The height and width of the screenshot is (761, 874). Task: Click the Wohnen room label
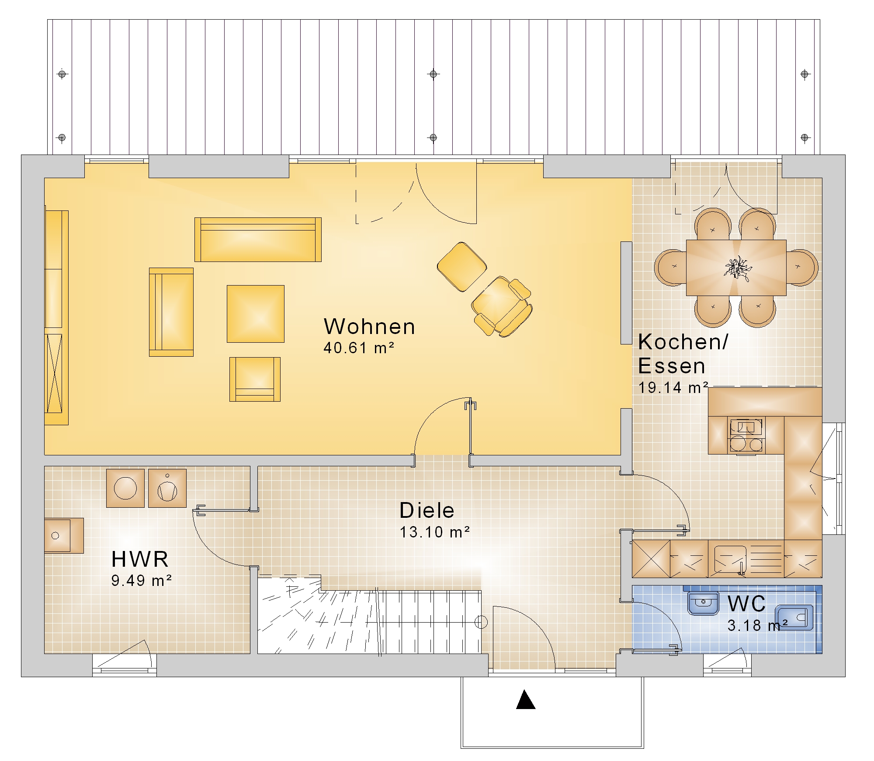click(x=369, y=327)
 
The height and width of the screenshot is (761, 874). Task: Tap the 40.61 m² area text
click(x=359, y=348)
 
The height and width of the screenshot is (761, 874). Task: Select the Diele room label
click(x=427, y=510)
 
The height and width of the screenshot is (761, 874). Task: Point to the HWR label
click(x=140, y=559)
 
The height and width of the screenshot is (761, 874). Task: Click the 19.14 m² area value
click(x=673, y=387)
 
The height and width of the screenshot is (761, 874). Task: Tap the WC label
click(x=746, y=604)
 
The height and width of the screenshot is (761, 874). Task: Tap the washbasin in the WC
click(x=703, y=603)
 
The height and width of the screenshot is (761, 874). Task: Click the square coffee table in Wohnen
click(x=256, y=313)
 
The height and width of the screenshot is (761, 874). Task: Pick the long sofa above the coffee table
click(x=258, y=240)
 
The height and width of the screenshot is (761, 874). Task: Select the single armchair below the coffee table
click(x=255, y=379)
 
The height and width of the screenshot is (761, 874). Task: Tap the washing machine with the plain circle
click(x=125, y=488)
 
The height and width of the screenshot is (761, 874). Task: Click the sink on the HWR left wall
click(x=64, y=536)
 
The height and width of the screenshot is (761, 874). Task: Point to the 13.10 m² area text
click(x=435, y=532)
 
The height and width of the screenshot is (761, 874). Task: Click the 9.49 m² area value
click(x=141, y=580)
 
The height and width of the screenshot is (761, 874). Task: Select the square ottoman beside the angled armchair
click(x=462, y=267)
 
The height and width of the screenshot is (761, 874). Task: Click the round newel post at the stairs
click(x=481, y=622)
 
